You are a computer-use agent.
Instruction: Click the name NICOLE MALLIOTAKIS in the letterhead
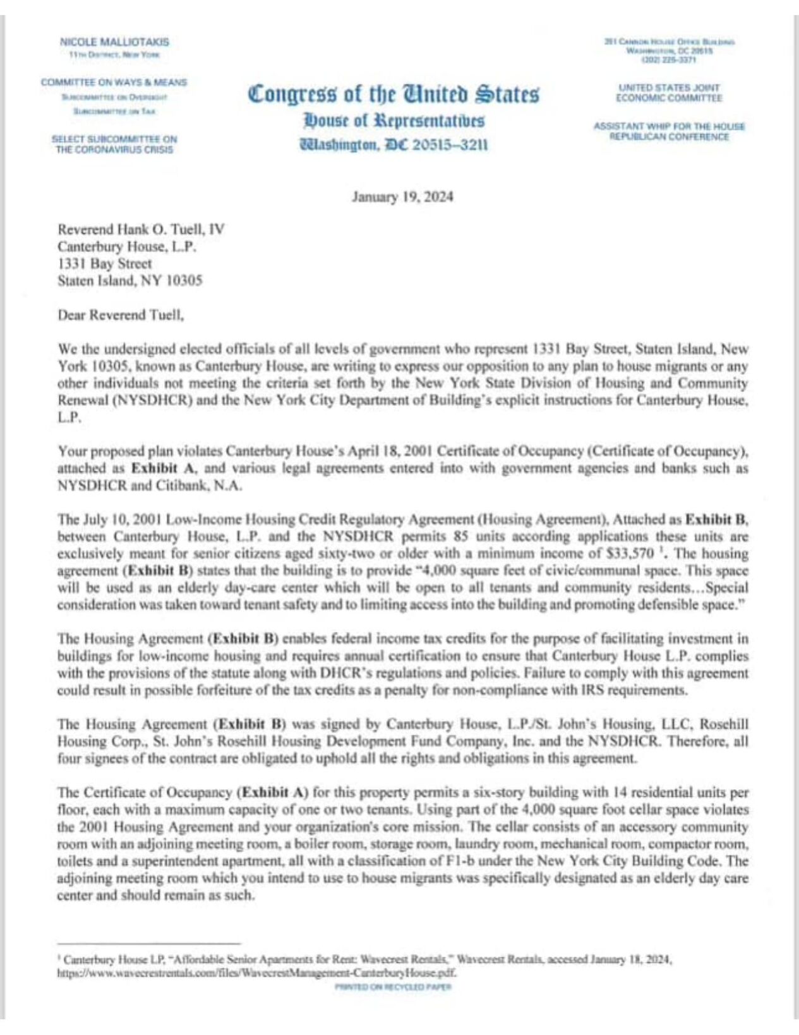114,42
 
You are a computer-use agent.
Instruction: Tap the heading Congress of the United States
393,94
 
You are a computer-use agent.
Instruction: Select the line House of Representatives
393,120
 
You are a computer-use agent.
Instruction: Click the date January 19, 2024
402,197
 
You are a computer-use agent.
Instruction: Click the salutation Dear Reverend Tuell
121,315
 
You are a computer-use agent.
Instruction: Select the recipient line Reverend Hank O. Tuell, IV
140,229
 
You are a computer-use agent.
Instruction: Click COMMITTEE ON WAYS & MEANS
114,82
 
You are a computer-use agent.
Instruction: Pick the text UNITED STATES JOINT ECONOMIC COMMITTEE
669,93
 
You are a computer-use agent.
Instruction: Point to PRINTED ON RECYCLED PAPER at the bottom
393,987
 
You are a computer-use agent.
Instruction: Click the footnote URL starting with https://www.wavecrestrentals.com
256,974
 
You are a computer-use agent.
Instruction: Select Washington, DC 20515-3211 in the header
393,145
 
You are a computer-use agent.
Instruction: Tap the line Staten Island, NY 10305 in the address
129,281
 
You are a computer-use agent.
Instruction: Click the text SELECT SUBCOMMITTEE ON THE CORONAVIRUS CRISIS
114,144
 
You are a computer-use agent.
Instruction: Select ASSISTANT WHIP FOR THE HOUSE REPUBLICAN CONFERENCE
669,131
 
